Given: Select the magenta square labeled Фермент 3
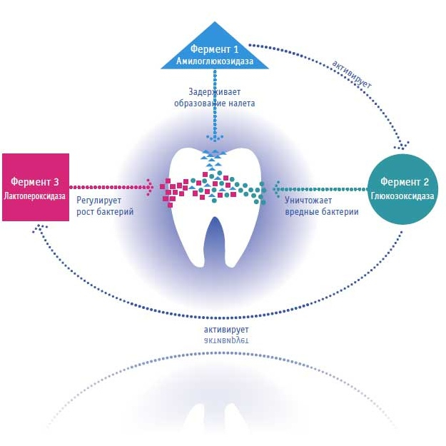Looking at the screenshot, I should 36,187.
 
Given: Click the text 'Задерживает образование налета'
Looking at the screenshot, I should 214,98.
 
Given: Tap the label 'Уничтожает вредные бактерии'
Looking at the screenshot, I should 316,206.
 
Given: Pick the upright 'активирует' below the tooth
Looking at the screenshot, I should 226,330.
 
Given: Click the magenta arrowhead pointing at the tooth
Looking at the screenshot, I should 151,187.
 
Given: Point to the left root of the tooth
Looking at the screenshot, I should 189,246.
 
